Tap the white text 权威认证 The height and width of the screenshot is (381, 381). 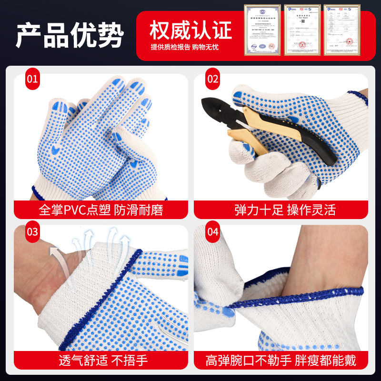190,30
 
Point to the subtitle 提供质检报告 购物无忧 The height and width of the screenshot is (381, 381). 184,47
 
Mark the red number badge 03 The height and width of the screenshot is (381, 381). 32,232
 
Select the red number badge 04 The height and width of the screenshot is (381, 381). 213,232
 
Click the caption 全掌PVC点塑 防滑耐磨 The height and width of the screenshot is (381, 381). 101,210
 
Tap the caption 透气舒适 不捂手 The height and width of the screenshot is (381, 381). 101,360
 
